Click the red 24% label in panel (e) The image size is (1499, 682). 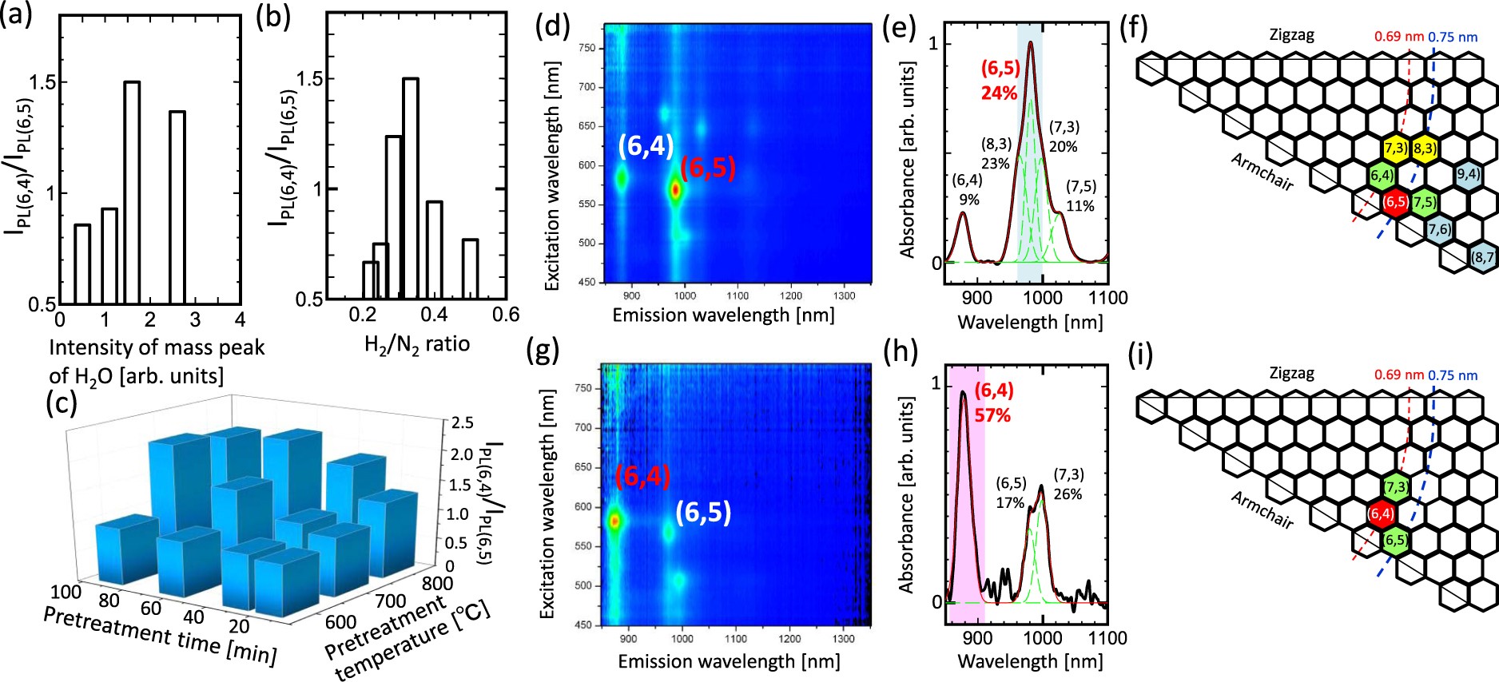pos(999,93)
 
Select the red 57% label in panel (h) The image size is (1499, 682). pos(992,415)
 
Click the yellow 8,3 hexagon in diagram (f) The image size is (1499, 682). pos(1423,149)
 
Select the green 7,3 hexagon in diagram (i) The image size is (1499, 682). pos(1395,487)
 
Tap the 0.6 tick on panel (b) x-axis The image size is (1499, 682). pos(505,315)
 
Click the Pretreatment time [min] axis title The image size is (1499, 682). pos(159,636)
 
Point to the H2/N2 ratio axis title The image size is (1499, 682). pos(416,344)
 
